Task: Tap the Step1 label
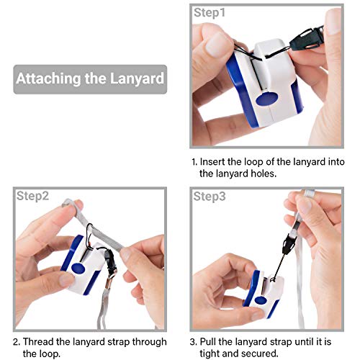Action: (210, 13)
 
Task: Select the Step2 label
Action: (32, 197)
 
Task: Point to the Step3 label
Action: (210, 197)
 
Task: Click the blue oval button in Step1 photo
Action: (267, 99)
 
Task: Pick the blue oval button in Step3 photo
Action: (261, 300)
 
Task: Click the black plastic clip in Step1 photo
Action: (307, 39)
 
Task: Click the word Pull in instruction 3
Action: (208, 342)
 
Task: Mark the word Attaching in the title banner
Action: (48, 79)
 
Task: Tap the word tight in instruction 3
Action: (210, 354)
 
